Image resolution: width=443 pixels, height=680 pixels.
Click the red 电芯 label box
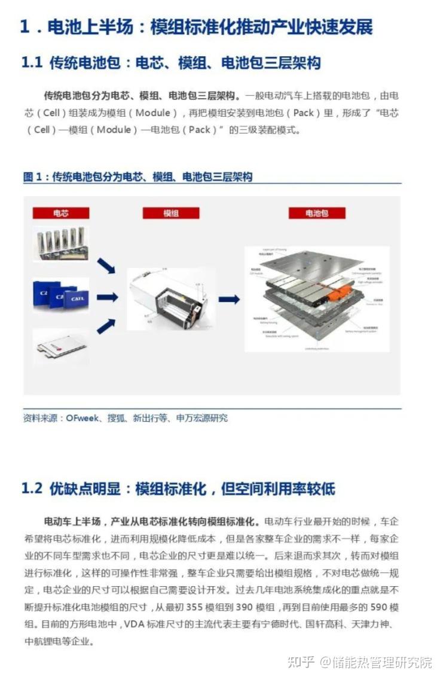coord(61,213)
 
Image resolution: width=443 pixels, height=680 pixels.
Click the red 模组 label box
coord(170,213)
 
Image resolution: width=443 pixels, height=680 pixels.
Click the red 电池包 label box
coord(317,213)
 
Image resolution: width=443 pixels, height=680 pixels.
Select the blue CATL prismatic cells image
coord(60,295)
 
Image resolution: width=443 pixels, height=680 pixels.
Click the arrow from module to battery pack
coord(228,299)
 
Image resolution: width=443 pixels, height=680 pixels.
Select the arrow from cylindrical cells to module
coord(106,266)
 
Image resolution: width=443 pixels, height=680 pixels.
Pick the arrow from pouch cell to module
coord(106,326)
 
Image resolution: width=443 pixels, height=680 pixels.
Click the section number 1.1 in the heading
coord(32,63)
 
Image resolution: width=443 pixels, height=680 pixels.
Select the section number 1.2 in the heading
coord(32,489)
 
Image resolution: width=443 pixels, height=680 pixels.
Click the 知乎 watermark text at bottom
coord(301,662)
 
